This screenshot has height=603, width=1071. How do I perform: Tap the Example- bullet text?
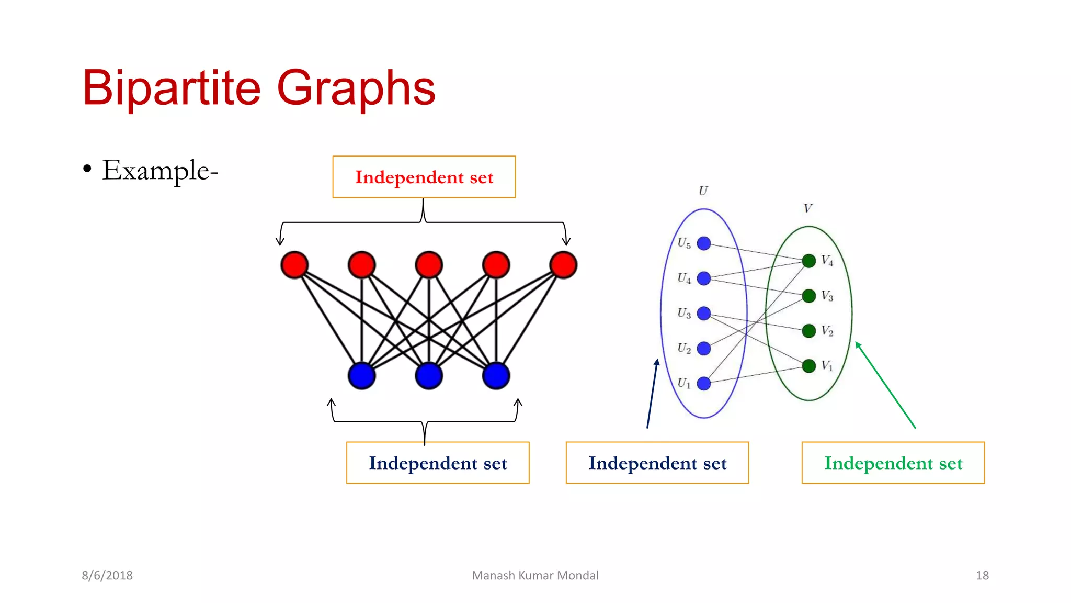pyautogui.click(x=159, y=170)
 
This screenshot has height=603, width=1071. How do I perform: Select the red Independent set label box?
pyautogui.click(x=424, y=177)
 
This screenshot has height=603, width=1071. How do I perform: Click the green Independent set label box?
pyautogui.click(x=893, y=463)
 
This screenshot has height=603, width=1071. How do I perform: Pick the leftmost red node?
pyautogui.click(x=294, y=264)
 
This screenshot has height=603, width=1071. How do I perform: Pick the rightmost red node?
pyautogui.click(x=563, y=264)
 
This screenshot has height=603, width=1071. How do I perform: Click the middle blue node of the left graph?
pyautogui.click(x=429, y=375)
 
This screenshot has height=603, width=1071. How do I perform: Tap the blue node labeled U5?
pyautogui.click(x=704, y=243)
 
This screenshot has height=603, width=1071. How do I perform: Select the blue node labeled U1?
pyautogui.click(x=704, y=384)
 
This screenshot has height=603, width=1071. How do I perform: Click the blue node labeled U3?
pyautogui.click(x=704, y=314)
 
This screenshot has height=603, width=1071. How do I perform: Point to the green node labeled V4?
pyautogui.click(x=809, y=261)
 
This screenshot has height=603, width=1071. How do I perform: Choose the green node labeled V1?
pyautogui.click(x=809, y=366)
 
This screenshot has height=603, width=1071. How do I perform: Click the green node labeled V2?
pyautogui.click(x=809, y=331)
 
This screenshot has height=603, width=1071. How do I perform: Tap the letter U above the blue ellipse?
pyautogui.click(x=703, y=191)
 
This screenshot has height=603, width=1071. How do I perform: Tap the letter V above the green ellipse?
pyautogui.click(x=808, y=208)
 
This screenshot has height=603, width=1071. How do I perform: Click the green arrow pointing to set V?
pyautogui.click(x=885, y=385)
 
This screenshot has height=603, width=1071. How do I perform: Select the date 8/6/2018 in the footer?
pyautogui.click(x=107, y=575)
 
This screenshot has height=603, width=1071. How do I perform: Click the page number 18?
pyautogui.click(x=982, y=575)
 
